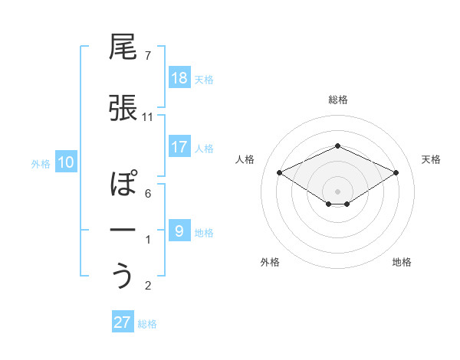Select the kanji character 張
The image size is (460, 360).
click(123, 107)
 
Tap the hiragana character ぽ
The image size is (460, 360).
click(123, 185)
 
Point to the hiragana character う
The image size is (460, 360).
click(123, 277)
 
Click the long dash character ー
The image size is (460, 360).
click(123, 231)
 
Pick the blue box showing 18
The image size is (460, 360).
click(179, 78)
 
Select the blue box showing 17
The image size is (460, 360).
click(179, 147)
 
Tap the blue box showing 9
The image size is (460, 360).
click(179, 231)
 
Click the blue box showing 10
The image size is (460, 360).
click(66, 162)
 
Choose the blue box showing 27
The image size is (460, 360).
click(123, 322)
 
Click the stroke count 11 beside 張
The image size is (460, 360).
click(148, 116)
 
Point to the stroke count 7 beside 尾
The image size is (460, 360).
click(148, 56)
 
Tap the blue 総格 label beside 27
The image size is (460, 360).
click(147, 323)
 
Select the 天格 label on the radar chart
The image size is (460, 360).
click(431, 159)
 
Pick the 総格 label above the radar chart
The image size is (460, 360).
click(337, 100)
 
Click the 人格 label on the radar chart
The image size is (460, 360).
click(245, 159)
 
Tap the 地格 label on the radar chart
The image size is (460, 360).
click(402, 262)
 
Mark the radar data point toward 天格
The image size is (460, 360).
click(396, 172)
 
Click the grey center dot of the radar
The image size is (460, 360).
click(337, 191)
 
